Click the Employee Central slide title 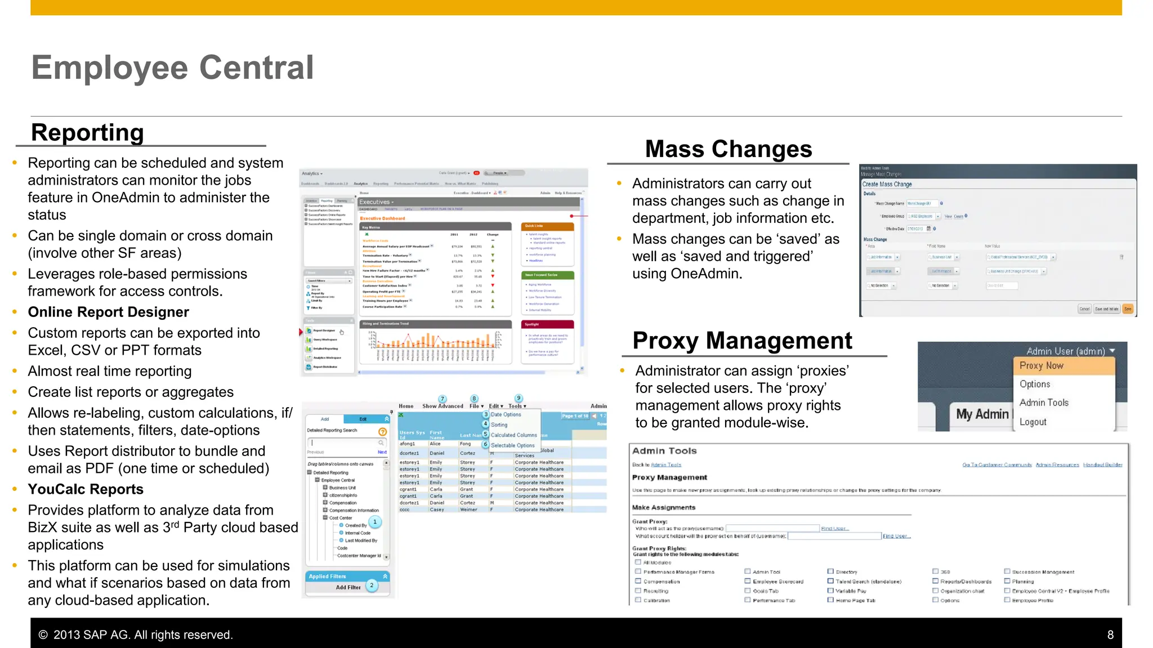(172, 68)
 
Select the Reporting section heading (87, 133)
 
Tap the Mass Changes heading (728, 149)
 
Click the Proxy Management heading (742, 341)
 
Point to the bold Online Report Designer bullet (108, 312)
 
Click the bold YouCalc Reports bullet (86, 489)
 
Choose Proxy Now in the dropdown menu (1041, 365)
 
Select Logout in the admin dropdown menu (1033, 422)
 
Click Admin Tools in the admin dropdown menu (1043, 403)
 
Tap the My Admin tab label (982, 414)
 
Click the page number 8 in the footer (1110, 635)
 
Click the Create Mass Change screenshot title (887, 184)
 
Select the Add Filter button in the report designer (348, 587)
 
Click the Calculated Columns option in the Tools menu (513, 435)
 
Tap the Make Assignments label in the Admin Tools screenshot (663, 507)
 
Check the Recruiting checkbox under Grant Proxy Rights (638, 591)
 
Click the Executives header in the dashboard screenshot (376, 202)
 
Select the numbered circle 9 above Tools (519, 398)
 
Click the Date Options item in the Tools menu (506, 414)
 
